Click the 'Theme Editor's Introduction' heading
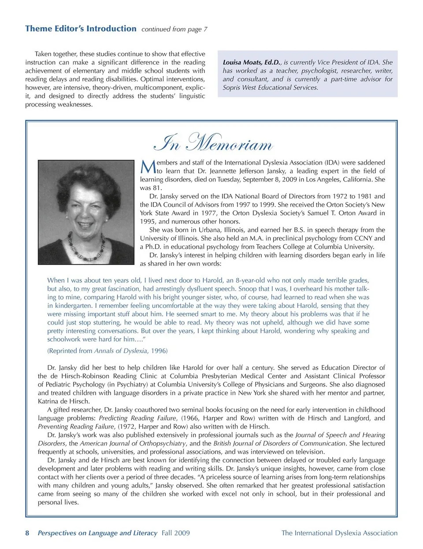coord(81,29)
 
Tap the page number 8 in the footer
coord(27,533)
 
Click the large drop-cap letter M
coord(148,167)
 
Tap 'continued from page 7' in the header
coord(174,29)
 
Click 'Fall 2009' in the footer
coord(175,533)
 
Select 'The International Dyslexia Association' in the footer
coord(339,533)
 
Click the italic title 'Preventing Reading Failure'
coord(76,427)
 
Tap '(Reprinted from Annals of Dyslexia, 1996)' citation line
coord(107,351)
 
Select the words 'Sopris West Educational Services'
coord(270,88)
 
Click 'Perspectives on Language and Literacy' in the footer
coord(97,533)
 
